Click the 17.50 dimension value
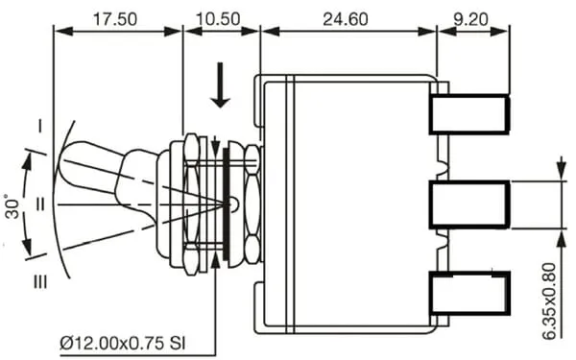tap(114, 19)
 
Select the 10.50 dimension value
tap(218, 19)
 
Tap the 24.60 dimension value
tap(346, 19)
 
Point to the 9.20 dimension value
tap(471, 19)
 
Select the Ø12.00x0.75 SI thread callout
tap(123, 344)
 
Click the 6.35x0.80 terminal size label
tap(549, 301)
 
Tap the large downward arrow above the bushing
tap(220, 85)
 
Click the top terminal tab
tap(469, 114)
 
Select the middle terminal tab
tap(469, 204)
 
